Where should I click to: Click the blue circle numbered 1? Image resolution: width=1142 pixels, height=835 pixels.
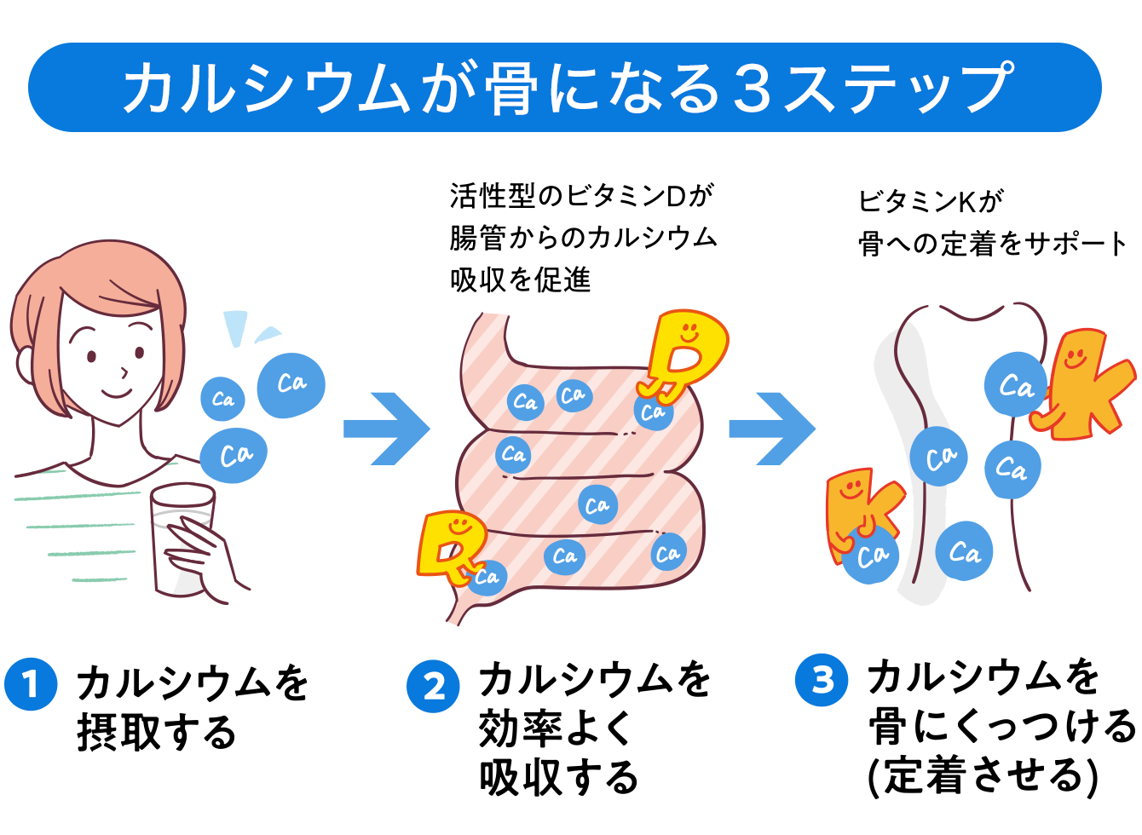coord(31,683)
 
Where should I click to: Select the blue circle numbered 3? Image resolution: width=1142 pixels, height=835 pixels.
coord(822,680)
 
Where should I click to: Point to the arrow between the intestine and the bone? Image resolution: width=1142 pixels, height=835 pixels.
coord(772,428)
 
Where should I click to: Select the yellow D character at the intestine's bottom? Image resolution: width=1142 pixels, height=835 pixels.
coord(450,545)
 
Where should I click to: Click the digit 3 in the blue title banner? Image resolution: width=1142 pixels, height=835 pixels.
coord(752,88)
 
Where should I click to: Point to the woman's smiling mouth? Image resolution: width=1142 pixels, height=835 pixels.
coord(117,393)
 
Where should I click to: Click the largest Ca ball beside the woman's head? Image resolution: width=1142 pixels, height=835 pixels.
coord(291,385)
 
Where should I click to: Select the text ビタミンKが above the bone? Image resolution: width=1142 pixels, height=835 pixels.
coord(930,202)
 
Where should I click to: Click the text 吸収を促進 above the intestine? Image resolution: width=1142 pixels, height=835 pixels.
coord(520,279)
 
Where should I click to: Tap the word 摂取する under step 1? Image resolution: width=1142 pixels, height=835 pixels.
coord(156,733)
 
